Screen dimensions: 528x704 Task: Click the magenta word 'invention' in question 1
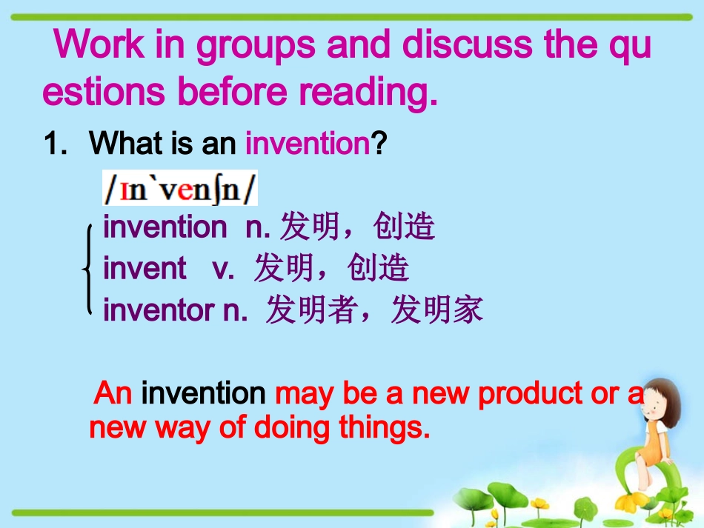tap(307, 144)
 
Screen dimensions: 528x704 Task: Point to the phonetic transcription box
tap(180, 190)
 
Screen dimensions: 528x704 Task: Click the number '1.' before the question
tap(56, 144)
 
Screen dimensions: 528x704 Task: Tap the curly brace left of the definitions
tap(88, 269)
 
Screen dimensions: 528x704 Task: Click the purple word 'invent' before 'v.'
tap(145, 268)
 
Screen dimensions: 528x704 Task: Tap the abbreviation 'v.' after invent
tap(223, 268)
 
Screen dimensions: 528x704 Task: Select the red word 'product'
tap(529, 394)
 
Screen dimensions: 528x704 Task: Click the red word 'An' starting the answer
tap(113, 394)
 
